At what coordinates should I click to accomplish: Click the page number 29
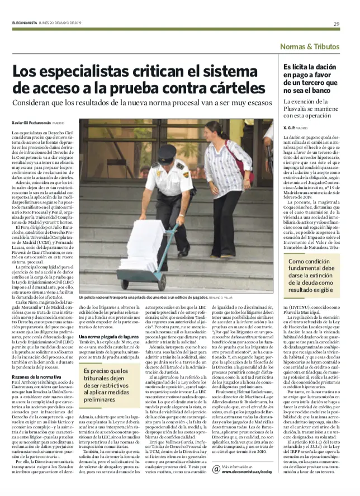[x=336, y=23]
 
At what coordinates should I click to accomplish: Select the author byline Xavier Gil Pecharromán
[x=31, y=122]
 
